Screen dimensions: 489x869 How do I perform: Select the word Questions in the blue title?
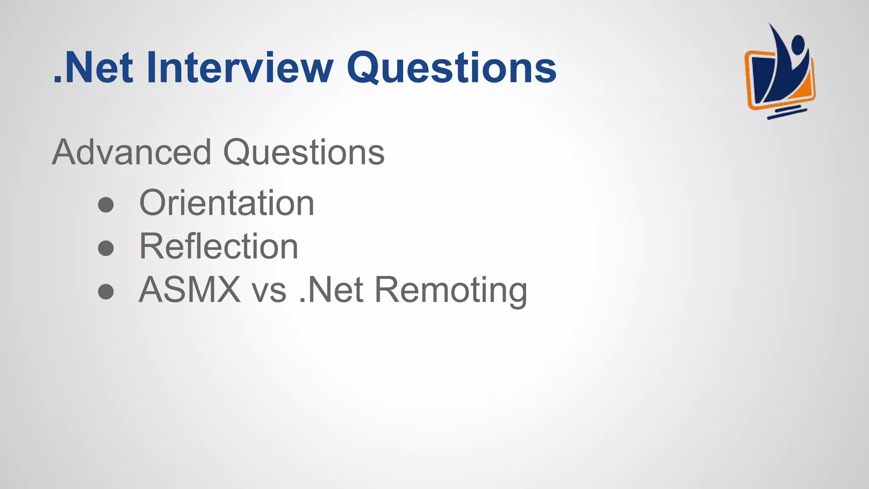coord(451,68)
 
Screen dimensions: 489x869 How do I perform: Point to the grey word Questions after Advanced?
coord(304,153)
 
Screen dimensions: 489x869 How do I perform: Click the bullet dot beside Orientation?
coord(106,205)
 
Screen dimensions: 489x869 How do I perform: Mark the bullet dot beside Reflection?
coord(106,248)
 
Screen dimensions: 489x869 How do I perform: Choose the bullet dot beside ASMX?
coord(106,291)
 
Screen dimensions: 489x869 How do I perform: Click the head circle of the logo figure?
coord(798,44)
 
